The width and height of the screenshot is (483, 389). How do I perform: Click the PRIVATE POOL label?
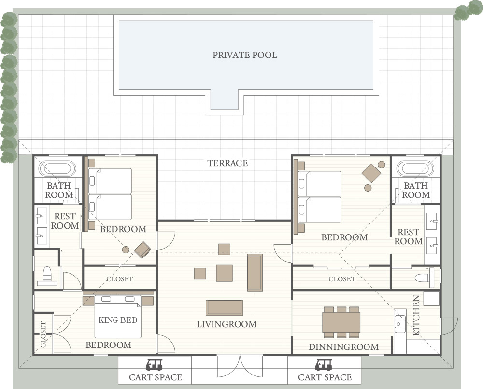[x=244, y=55]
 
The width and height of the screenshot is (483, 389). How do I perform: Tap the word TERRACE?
[x=227, y=163]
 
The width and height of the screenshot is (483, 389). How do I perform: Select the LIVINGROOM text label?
[x=227, y=324]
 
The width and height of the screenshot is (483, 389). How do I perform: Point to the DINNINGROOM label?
[x=344, y=347]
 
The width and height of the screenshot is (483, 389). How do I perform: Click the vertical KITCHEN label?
[x=416, y=316]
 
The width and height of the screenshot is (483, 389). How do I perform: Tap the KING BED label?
[x=118, y=320]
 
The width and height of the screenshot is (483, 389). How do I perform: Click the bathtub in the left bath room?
[x=57, y=168]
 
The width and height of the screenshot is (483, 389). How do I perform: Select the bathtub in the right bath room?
[x=415, y=168]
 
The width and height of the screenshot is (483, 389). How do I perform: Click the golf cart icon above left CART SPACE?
[x=154, y=365]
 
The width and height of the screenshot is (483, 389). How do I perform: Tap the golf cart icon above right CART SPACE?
[x=324, y=365]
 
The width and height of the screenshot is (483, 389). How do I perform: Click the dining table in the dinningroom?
[x=341, y=322]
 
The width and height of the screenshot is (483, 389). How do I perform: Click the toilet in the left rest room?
[x=47, y=275]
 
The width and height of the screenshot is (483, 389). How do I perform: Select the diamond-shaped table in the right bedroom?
[x=371, y=173]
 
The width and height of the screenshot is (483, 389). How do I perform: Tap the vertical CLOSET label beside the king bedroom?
[x=43, y=334]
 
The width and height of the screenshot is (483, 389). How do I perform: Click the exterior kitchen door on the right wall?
[x=449, y=326]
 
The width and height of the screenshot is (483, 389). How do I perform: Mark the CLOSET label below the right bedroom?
[x=342, y=279]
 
